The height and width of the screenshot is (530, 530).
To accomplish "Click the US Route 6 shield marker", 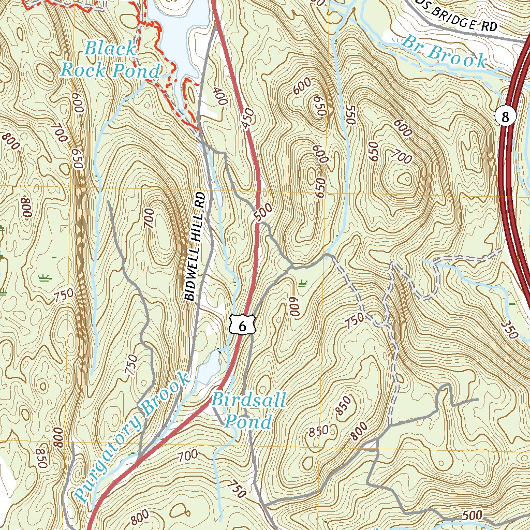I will (242, 325).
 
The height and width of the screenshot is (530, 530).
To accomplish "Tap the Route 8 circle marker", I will (505, 116).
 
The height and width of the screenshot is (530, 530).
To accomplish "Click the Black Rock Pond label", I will (110, 60).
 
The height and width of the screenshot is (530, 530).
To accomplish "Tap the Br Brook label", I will (445, 53).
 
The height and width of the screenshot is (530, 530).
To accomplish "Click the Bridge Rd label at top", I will (463, 20).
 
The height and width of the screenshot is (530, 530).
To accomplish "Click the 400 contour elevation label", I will (220, 96).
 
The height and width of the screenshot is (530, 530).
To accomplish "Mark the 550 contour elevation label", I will (350, 115).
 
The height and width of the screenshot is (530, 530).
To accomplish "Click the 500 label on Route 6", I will (263, 212).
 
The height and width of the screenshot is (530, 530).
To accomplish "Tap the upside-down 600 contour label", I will (295, 310).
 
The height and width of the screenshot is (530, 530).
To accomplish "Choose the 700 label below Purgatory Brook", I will (187, 456).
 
